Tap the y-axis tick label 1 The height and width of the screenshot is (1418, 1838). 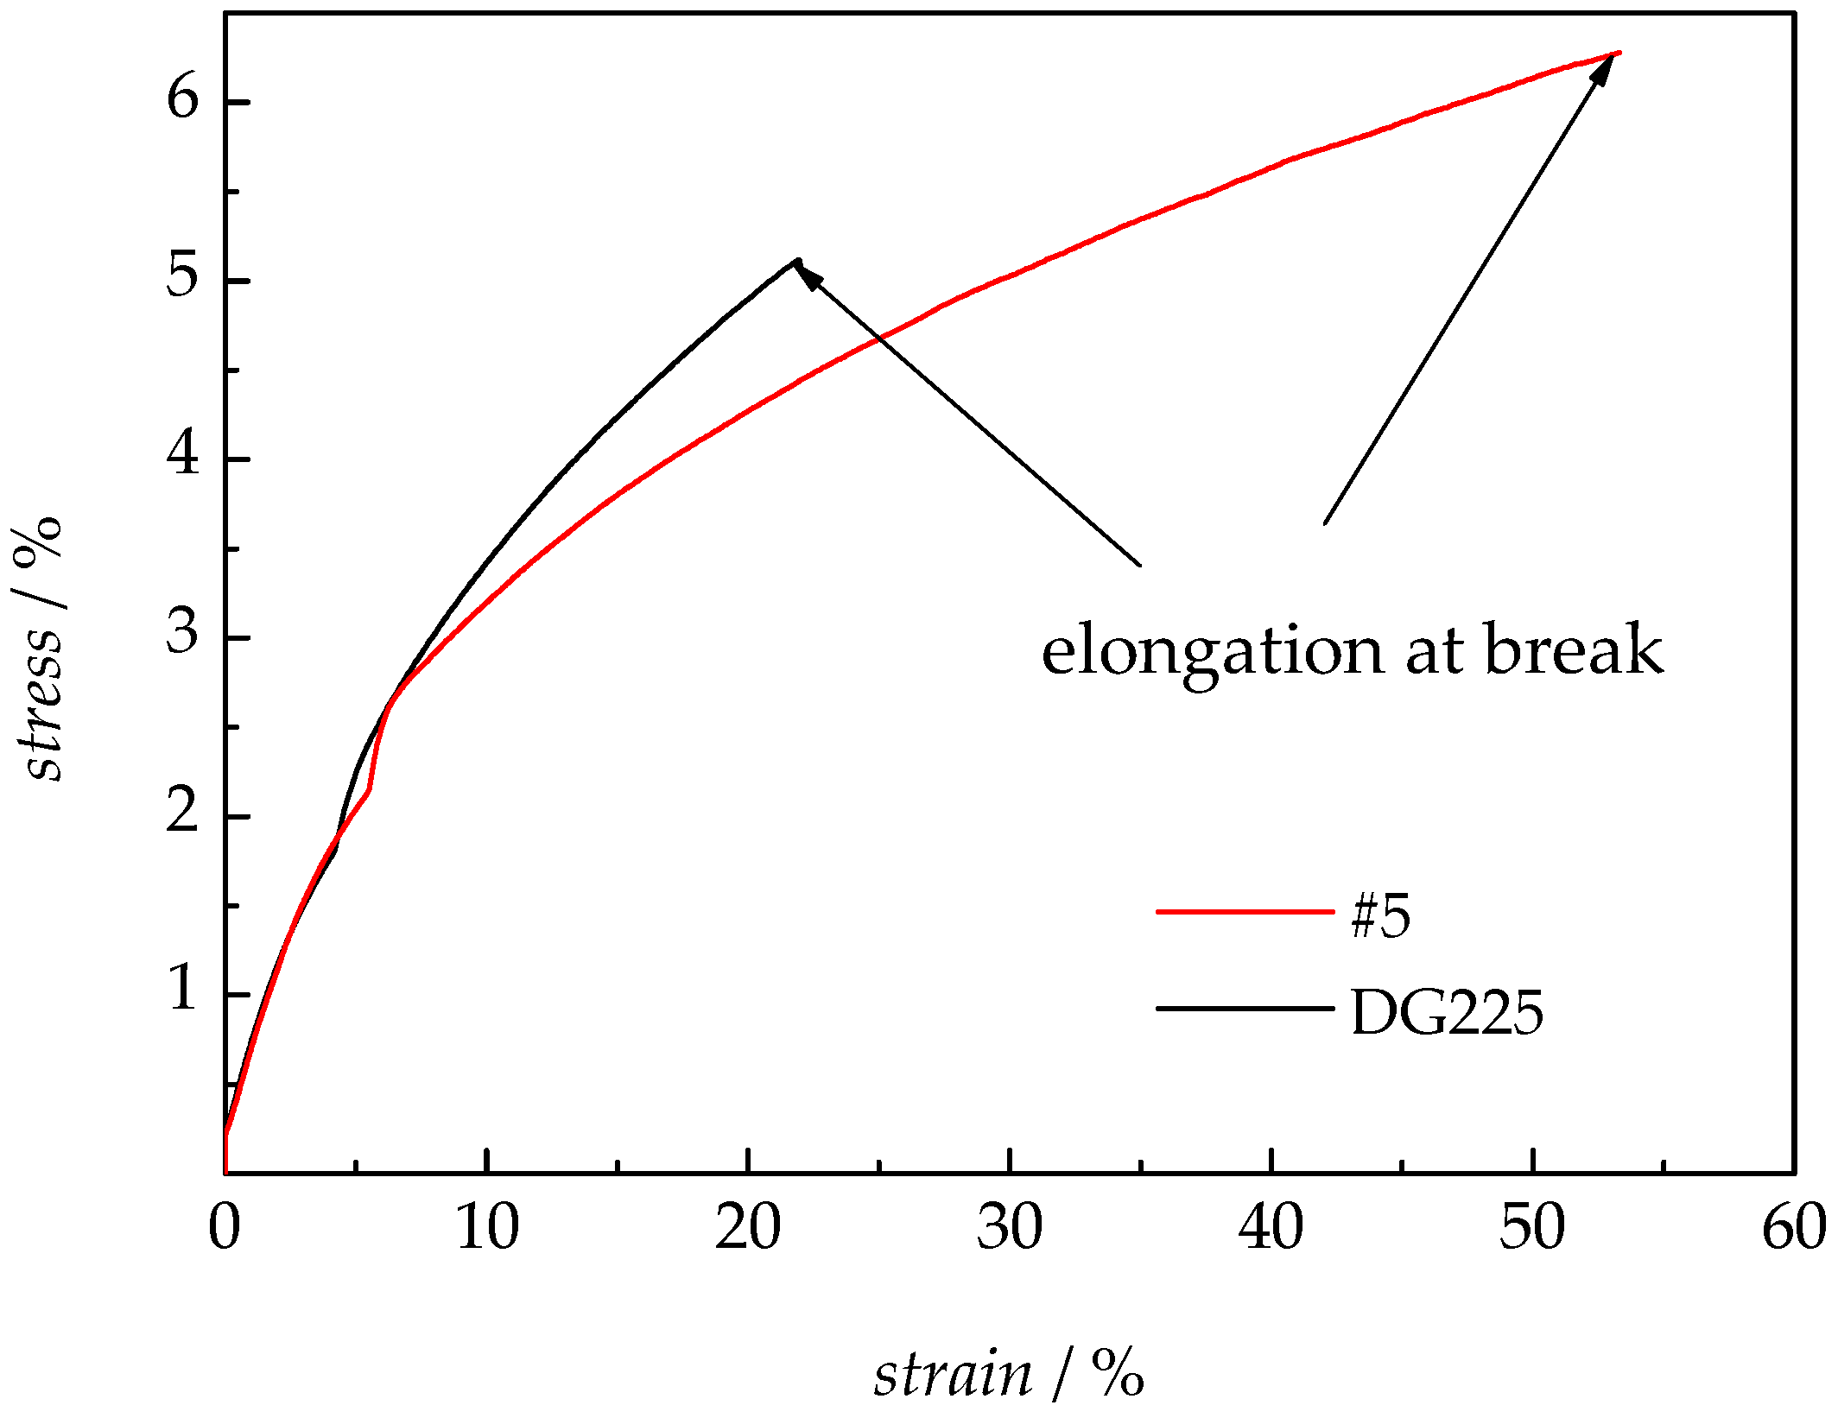183,989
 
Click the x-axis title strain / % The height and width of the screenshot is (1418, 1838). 1008,1373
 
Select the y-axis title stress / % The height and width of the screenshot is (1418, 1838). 40,649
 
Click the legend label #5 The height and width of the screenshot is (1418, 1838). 1380,916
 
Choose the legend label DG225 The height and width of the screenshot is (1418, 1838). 1446,1012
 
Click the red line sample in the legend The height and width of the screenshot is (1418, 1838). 1245,911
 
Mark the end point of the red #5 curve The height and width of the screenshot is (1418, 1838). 1619,53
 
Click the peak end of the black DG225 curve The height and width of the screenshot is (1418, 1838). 795,260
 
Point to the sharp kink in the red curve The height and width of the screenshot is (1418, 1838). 370,788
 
